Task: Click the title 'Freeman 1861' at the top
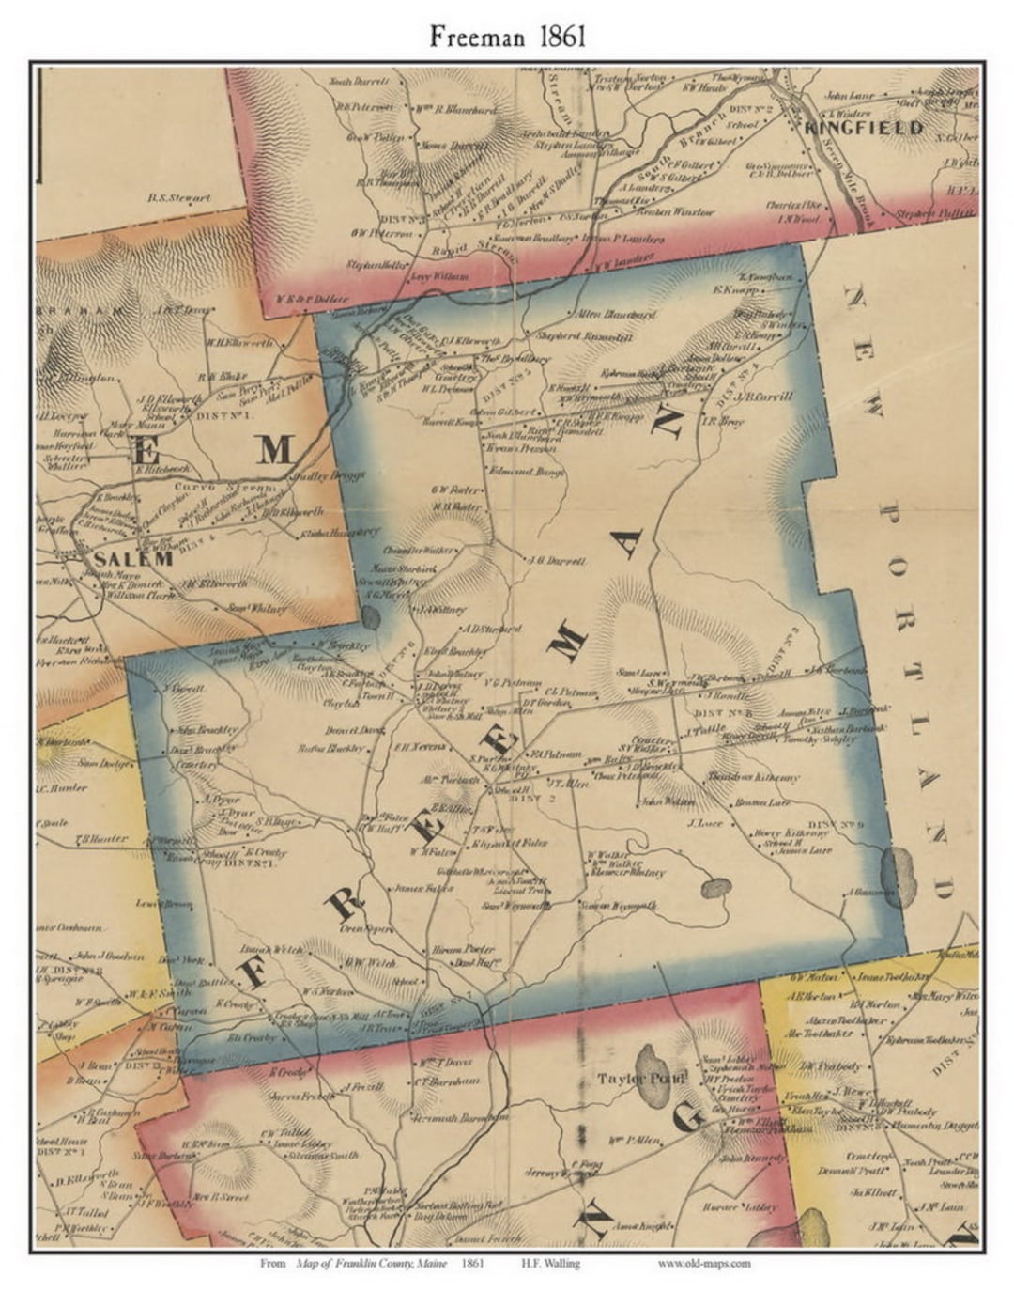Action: click(x=507, y=36)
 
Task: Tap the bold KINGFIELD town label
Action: click(x=864, y=127)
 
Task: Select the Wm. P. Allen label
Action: click(x=631, y=1140)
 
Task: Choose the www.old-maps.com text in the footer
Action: click(x=703, y=1264)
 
